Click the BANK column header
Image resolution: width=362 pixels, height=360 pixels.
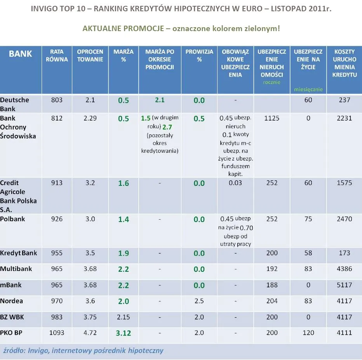20,54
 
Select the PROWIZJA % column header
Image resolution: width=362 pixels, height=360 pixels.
199,55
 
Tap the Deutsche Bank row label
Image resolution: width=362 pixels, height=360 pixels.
15,104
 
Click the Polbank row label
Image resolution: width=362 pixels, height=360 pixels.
12,219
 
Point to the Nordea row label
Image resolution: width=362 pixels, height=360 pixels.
12,301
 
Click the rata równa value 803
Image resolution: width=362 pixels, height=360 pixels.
57,100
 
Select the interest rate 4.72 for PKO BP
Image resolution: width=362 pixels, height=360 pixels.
90,333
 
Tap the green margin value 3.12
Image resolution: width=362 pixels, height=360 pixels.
123,333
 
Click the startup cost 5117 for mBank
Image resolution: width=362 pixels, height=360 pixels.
345,285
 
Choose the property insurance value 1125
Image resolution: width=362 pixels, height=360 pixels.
271,118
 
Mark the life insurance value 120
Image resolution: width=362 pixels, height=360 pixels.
308,333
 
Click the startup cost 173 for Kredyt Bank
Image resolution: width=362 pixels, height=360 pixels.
345,253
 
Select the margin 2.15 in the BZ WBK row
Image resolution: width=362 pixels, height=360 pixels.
123,317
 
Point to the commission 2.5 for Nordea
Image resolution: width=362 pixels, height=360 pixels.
199,301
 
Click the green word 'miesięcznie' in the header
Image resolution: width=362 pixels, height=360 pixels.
308,89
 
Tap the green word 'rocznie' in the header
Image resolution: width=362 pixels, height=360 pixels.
271,82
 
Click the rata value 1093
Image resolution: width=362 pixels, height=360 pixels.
57,333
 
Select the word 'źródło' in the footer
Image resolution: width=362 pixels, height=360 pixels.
14,351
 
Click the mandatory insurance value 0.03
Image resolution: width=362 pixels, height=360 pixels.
235,183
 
